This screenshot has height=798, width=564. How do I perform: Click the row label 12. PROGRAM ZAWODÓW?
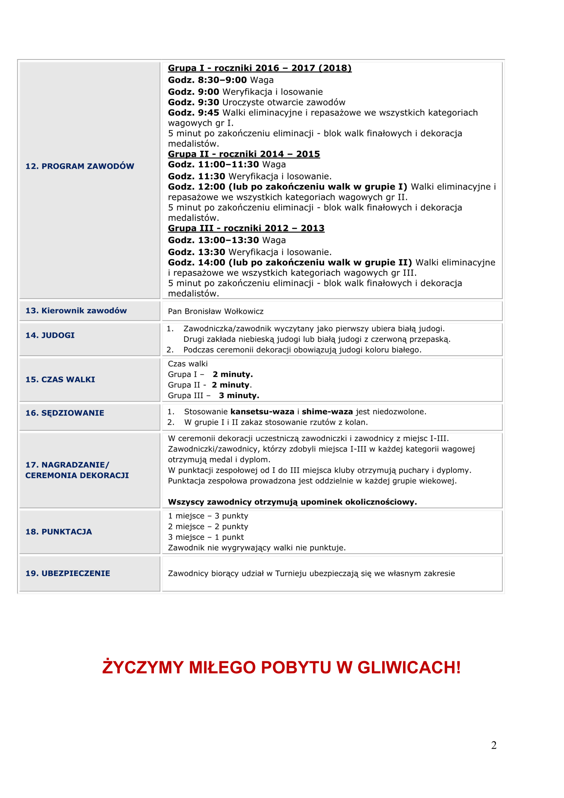point(79,166)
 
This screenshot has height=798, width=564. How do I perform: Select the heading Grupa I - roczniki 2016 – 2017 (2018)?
point(259,68)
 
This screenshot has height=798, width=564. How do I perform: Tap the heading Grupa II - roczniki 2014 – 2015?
point(244,154)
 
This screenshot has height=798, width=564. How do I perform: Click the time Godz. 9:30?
point(193,102)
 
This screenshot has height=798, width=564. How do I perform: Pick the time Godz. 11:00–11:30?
point(213,164)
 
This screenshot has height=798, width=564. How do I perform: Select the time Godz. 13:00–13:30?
point(213,240)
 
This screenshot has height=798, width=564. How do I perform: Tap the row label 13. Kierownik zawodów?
point(76,311)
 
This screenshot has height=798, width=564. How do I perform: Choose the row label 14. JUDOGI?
point(50,335)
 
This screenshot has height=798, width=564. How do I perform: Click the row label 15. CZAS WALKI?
point(60,380)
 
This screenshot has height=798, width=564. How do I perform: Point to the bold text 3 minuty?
point(239,396)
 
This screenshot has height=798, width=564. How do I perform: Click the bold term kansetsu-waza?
point(262,412)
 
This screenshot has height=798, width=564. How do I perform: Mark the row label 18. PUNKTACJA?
point(59,532)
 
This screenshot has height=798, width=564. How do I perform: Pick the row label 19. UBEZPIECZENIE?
point(68,574)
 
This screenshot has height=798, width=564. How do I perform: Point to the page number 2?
point(494,745)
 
